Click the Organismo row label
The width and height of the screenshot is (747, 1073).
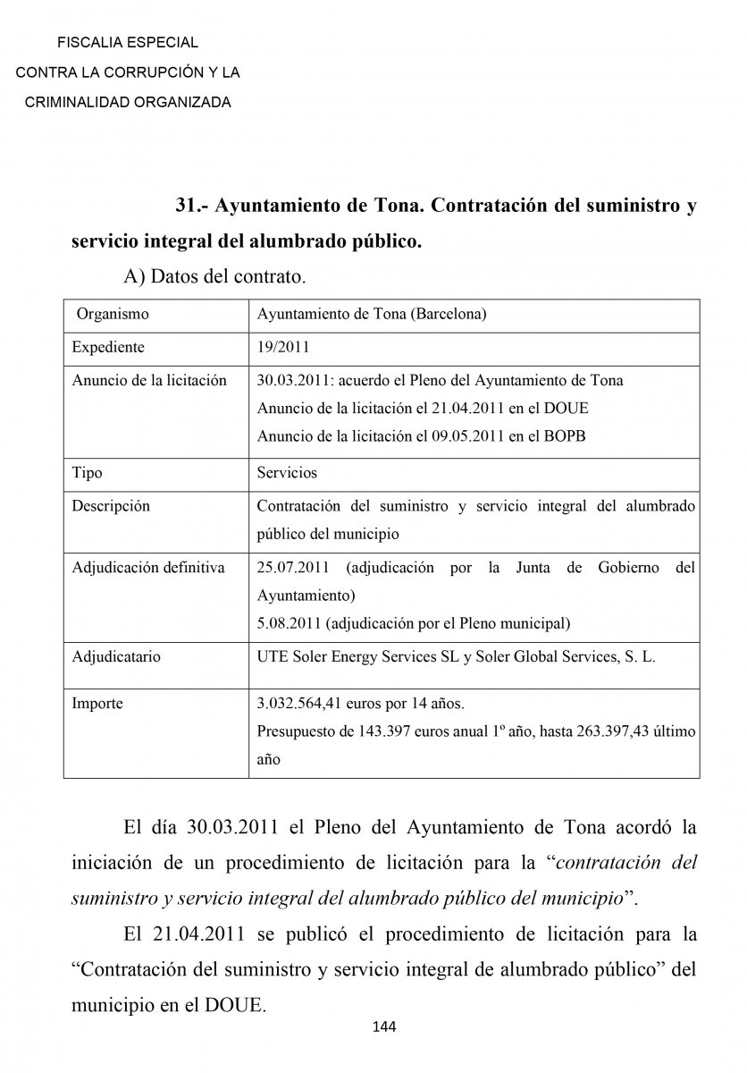113,315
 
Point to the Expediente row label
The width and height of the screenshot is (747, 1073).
108,347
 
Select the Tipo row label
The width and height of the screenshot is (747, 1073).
87,472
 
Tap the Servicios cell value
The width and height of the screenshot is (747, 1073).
287,472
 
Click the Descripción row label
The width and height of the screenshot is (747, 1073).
111,506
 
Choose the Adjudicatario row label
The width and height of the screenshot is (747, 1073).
116,656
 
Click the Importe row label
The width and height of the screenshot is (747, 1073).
97,704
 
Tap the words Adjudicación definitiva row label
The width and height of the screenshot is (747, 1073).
148,568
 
